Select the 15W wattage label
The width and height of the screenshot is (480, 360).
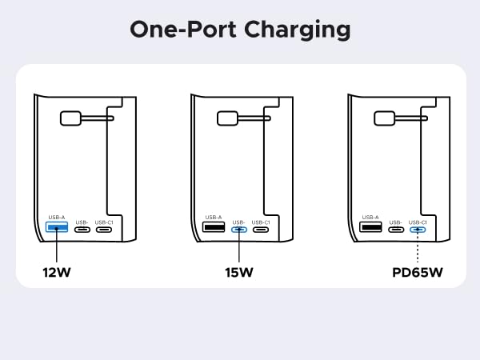tap(238, 272)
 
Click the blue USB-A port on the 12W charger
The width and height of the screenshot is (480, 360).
tap(56, 229)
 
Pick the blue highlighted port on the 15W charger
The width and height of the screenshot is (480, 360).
tap(238, 230)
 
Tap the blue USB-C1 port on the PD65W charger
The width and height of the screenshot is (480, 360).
tap(418, 230)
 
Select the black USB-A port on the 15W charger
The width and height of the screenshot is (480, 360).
tap(214, 229)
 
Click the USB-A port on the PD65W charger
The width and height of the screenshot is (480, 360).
tap(370, 229)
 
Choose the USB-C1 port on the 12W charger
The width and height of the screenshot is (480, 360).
tap(104, 230)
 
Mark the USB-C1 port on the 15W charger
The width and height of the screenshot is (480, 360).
tap(261, 230)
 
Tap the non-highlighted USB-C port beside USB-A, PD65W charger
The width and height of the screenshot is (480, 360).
tap(395, 230)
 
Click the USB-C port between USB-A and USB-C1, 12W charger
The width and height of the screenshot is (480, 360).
tap(82, 230)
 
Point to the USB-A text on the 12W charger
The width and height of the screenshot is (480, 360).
tap(56, 217)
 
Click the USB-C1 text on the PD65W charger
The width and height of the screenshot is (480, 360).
tap(418, 221)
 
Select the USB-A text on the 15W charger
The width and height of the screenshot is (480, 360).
tap(214, 217)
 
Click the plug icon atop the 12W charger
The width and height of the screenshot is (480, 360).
tap(72, 118)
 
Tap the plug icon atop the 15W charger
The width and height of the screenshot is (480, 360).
tap(229, 118)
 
